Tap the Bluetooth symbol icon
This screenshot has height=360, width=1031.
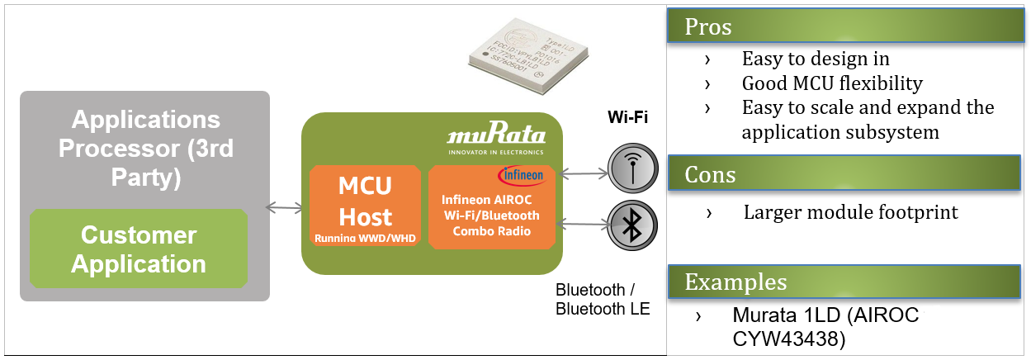pos(632,225)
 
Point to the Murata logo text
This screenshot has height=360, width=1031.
pos(495,135)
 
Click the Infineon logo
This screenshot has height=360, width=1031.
pos(521,176)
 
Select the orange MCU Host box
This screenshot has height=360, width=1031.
pos(365,206)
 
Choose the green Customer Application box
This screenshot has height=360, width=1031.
pos(138,249)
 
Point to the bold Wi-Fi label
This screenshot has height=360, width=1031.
pos(627,117)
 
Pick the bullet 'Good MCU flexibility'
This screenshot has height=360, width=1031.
pos(831,83)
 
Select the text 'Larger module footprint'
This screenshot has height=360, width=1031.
pos(850,212)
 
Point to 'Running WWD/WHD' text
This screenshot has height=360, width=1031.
pos(365,238)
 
